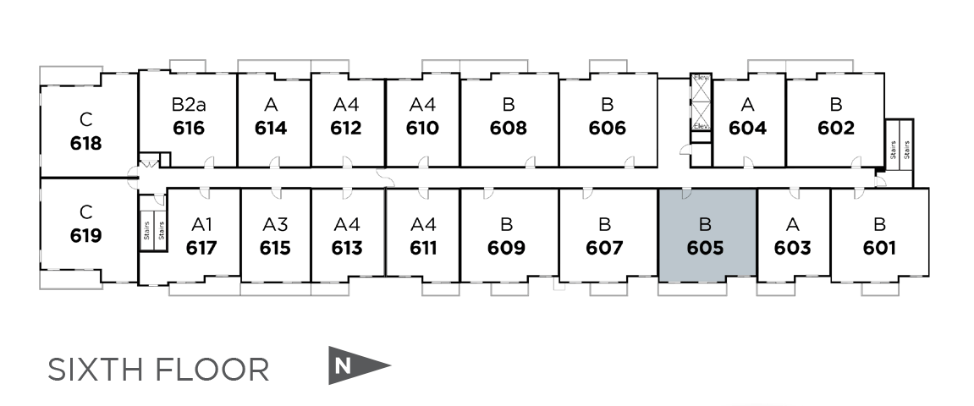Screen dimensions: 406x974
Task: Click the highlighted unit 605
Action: click(x=707, y=236)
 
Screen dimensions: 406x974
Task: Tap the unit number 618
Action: click(x=85, y=142)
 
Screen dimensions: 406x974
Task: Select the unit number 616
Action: click(x=188, y=128)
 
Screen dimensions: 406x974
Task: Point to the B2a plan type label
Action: click(x=188, y=106)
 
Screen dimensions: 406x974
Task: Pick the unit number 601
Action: click(x=879, y=248)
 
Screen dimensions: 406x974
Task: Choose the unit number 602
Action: click(x=836, y=128)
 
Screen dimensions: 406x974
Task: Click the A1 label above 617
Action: click(x=201, y=225)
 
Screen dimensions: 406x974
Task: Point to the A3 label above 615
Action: click(x=275, y=225)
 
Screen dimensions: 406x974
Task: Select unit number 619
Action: click(x=85, y=234)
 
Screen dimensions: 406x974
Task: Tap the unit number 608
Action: click(x=508, y=128)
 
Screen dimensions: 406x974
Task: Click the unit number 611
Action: click(x=422, y=248)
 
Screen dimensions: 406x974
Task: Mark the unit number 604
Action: click(x=747, y=128)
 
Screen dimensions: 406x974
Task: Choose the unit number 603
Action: click(x=792, y=248)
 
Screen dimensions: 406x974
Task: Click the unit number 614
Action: click(x=271, y=128)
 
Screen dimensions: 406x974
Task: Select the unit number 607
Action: click(x=604, y=248)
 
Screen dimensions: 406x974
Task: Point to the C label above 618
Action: click(x=85, y=118)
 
